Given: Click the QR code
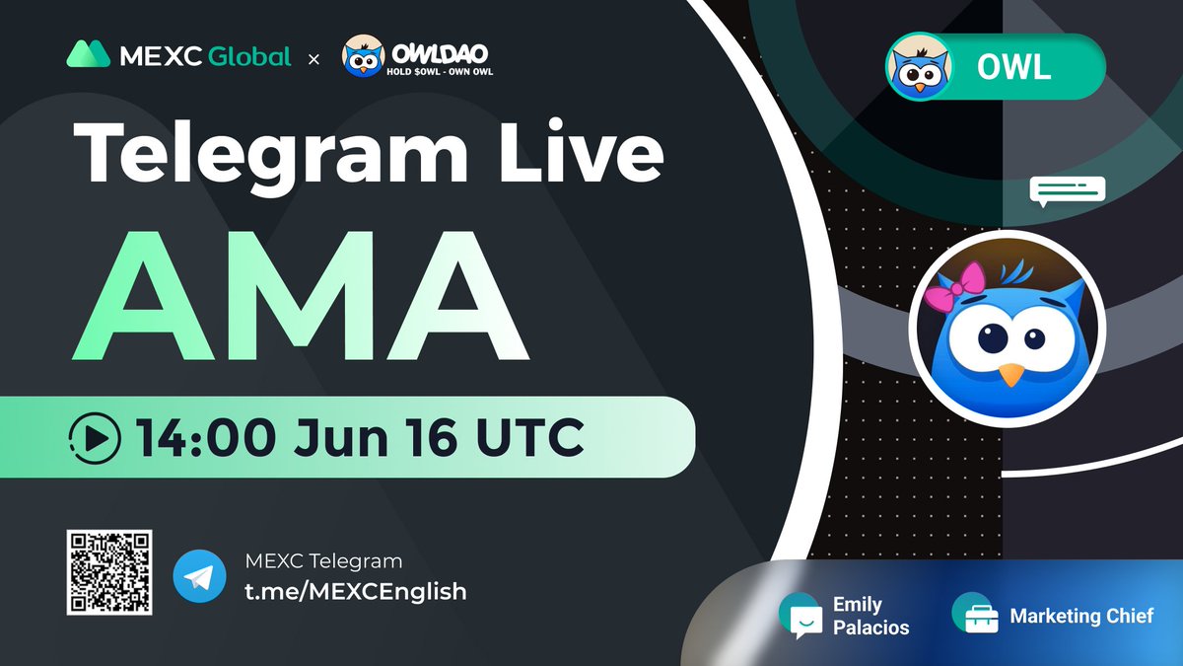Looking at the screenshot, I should click(x=108, y=572).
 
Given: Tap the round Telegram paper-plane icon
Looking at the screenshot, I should click(x=199, y=577).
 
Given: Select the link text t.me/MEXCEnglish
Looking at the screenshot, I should click(x=355, y=591).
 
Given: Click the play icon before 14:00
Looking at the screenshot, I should click(x=96, y=437).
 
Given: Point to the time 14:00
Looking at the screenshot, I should click(x=202, y=437).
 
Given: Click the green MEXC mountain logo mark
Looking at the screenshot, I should click(x=88, y=55).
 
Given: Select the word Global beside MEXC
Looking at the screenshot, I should click(x=249, y=56).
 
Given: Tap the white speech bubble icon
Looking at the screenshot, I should click(x=1068, y=190).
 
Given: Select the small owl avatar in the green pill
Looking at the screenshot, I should click(x=919, y=66).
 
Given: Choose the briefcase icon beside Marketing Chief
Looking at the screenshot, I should click(x=975, y=615).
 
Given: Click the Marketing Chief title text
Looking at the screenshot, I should click(x=1081, y=616).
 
